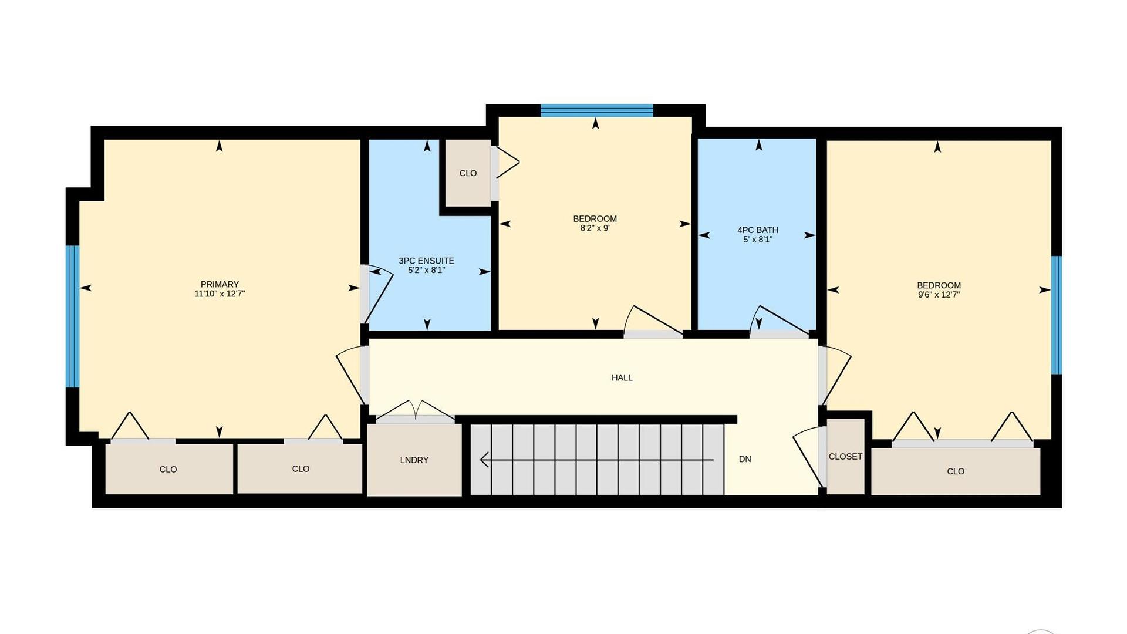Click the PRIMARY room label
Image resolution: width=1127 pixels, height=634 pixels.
[x=220, y=284]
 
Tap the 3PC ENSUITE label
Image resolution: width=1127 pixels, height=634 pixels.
[x=426, y=261]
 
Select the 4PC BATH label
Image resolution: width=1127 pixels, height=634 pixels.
[x=758, y=230]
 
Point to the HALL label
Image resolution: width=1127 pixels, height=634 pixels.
[x=622, y=377]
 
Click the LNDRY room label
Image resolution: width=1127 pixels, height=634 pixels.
[x=414, y=460]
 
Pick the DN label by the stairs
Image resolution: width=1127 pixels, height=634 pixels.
[x=745, y=459]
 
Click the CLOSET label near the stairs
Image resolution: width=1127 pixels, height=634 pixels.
[x=845, y=456]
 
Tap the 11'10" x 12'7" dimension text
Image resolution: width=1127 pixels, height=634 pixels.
[x=220, y=294]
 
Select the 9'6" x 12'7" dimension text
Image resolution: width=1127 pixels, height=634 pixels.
[x=939, y=295]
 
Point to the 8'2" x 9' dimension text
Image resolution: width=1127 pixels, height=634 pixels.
[x=595, y=228]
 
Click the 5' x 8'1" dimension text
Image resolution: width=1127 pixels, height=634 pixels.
[x=758, y=240]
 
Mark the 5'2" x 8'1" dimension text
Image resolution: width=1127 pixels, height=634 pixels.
[x=426, y=270]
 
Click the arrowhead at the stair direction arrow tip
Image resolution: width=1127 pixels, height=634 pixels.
[x=484, y=460]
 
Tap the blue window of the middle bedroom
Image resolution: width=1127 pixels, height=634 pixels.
[x=596, y=110]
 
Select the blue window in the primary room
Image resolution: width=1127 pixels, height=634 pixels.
[x=72, y=316]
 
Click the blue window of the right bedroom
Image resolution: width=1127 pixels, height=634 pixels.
[x=1057, y=315]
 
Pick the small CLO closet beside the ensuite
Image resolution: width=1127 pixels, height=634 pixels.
[x=468, y=173]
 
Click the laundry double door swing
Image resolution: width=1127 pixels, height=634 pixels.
[x=415, y=409]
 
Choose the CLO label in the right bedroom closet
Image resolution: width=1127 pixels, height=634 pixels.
[x=956, y=471]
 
